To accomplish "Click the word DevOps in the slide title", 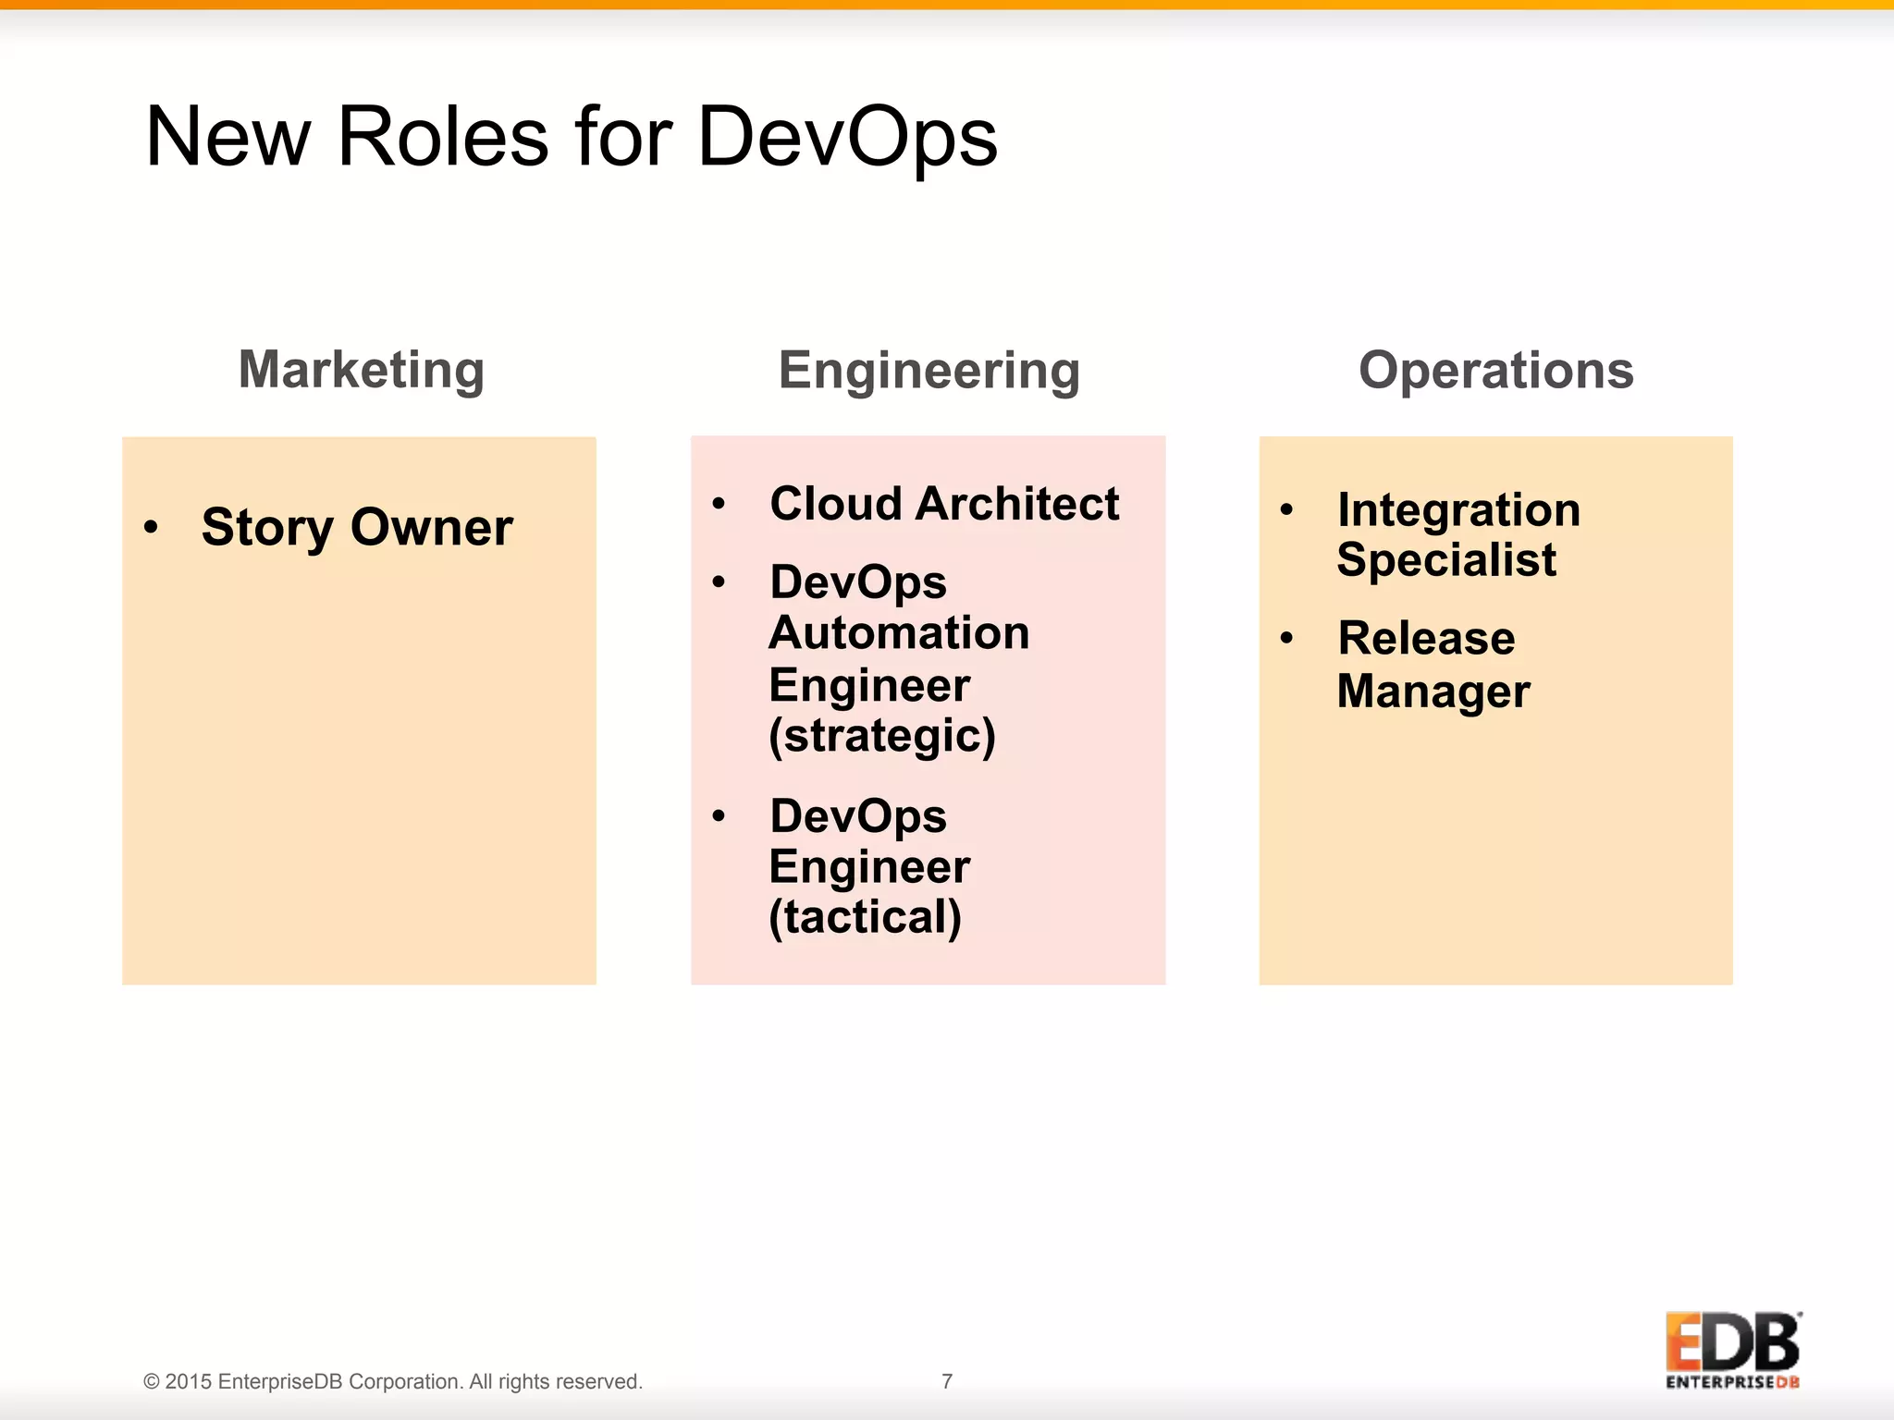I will point(846,137).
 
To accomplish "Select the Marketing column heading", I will point(362,370).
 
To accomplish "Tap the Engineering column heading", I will point(929,370).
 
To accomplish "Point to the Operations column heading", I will point(1495,370).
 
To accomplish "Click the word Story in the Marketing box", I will point(266,527).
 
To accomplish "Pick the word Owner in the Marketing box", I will point(431,527).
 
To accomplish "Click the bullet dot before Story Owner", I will point(152,527).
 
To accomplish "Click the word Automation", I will point(899,633).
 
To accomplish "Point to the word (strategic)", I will point(882,736).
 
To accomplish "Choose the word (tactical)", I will point(866,917).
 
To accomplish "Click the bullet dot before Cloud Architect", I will point(719,504).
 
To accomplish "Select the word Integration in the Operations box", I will point(1458,510).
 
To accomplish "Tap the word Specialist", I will point(1446,560).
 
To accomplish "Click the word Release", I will point(1426,638).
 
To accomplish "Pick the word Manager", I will point(1433,692).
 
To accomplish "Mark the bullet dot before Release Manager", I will point(1286,638).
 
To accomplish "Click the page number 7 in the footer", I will point(947,1381).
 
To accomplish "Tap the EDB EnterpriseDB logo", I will point(1732,1350).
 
